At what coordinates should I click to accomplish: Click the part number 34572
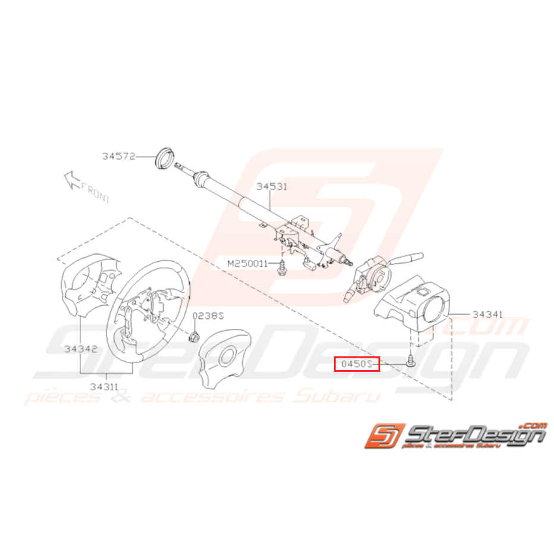click(x=119, y=156)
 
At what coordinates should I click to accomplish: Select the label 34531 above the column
click(x=272, y=186)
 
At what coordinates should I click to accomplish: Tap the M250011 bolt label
click(x=248, y=264)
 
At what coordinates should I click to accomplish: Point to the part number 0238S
click(x=208, y=315)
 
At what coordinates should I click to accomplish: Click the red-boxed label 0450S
click(x=357, y=364)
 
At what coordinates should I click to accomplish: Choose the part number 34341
click(x=487, y=314)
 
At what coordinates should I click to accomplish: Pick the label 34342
click(x=80, y=349)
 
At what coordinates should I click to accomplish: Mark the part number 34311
click(x=104, y=387)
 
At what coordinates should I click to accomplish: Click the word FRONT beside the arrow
click(x=96, y=193)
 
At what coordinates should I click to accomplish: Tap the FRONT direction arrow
click(x=72, y=180)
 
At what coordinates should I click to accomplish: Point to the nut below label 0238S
click(x=193, y=337)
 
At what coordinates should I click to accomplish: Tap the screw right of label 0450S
click(x=410, y=361)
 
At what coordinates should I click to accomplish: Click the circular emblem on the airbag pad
click(x=227, y=357)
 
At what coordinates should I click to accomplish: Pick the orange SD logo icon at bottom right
click(x=385, y=436)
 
